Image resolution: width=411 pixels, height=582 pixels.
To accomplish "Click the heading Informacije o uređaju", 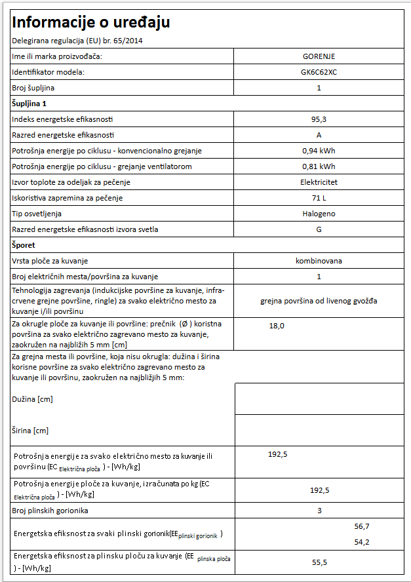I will click(x=91, y=22).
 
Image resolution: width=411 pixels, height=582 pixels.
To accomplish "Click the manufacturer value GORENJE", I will click(x=319, y=56).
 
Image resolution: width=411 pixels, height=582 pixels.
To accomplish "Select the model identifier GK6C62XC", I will click(x=319, y=72).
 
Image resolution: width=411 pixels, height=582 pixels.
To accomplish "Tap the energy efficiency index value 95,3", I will click(x=319, y=119).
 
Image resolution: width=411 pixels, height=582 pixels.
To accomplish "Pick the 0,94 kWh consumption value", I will click(x=319, y=151).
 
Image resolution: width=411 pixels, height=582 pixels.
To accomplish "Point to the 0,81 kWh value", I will click(x=319, y=166).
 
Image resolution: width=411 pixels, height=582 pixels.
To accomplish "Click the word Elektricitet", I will click(x=319, y=182).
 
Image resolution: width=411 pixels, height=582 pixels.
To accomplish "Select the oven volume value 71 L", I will click(x=319, y=198).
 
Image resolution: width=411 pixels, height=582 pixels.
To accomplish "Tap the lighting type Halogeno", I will click(x=319, y=214).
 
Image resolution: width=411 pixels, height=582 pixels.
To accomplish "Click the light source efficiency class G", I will click(x=319, y=229).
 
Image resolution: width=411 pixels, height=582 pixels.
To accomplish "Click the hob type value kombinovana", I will click(x=319, y=261).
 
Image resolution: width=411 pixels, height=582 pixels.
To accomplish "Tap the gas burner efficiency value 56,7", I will click(x=362, y=526).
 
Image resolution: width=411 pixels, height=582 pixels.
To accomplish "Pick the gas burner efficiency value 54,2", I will click(x=362, y=542).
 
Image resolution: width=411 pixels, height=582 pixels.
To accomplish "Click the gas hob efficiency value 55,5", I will click(x=319, y=562).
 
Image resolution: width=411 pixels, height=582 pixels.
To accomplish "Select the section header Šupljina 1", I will click(x=29, y=104).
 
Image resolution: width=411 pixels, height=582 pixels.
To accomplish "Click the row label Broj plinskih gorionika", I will click(x=50, y=511).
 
